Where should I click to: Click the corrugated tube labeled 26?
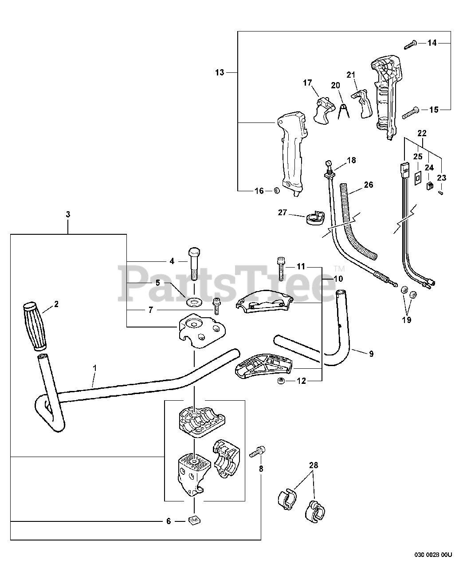pos(359,222)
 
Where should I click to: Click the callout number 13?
pos(220,72)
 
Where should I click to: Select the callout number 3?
pos(68,214)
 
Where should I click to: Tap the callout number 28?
pos(314,465)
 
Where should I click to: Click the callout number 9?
pos(371,354)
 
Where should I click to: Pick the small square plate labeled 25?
pos(417,178)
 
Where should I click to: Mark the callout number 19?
pos(407,319)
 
